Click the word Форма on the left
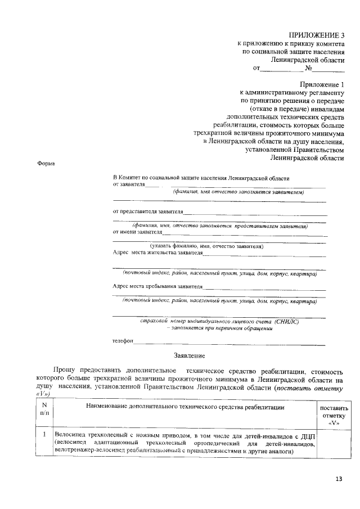click(46, 163)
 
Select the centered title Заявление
click(190, 355)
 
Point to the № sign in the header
click(308, 69)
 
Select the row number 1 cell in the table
click(44, 435)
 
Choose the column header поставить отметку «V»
click(334, 416)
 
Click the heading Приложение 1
click(322, 84)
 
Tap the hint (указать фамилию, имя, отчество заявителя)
click(207, 246)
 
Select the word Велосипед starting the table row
click(69, 435)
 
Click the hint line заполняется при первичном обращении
click(223, 328)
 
